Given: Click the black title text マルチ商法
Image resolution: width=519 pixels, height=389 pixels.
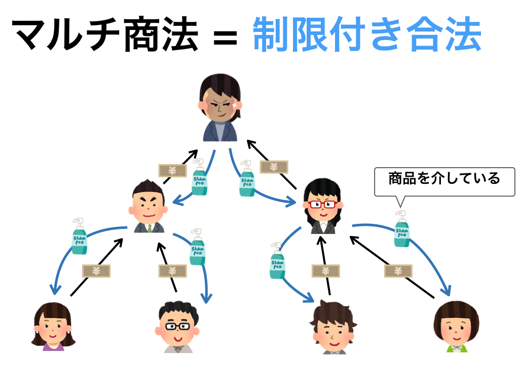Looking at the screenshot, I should [x=104, y=34].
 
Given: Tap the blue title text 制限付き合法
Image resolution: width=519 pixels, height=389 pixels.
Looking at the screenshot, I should [x=366, y=34].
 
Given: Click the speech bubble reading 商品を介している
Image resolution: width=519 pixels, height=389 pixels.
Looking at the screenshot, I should [x=444, y=180].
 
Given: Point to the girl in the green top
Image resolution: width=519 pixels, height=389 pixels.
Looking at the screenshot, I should [x=457, y=327].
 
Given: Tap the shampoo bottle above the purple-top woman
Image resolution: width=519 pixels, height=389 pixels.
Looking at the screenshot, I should [x=79, y=236].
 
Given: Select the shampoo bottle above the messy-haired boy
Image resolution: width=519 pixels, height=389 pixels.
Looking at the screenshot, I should [x=277, y=260].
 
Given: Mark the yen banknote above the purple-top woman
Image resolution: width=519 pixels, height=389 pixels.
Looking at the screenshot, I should [x=96, y=271].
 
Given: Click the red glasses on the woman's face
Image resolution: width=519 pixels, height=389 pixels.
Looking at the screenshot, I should [x=323, y=205].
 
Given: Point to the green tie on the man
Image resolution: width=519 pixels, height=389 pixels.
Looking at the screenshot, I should [x=150, y=228].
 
